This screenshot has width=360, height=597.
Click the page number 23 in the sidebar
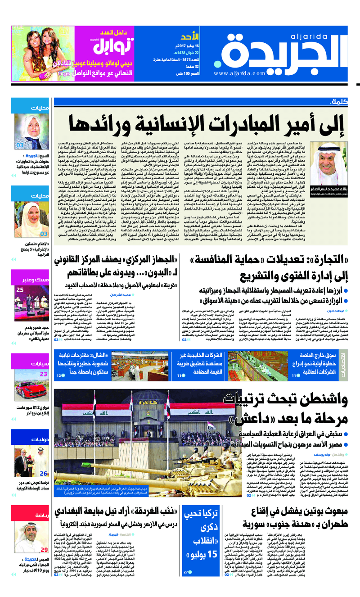click(44, 374)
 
